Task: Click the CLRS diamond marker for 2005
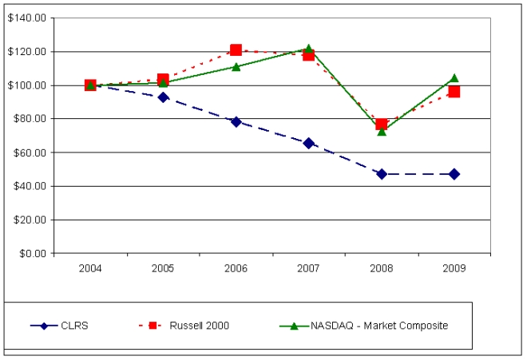tap(163, 97)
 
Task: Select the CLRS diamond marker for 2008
tap(382, 173)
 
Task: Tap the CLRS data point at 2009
tap(454, 173)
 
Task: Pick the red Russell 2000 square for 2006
tap(236, 50)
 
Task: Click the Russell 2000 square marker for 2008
tap(382, 124)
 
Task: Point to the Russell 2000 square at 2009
tap(454, 92)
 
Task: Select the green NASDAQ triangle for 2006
tap(236, 66)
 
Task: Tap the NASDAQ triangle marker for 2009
tap(454, 78)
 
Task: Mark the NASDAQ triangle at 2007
tap(308, 49)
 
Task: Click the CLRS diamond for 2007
tap(308, 143)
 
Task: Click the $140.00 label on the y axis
tap(26, 18)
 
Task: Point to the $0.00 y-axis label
tap(30, 253)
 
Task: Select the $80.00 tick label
tap(28, 118)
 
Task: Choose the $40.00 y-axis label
tap(28, 186)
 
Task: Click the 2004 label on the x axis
tap(90, 267)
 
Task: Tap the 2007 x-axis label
tap(308, 267)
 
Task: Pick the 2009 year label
tap(454, 267)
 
